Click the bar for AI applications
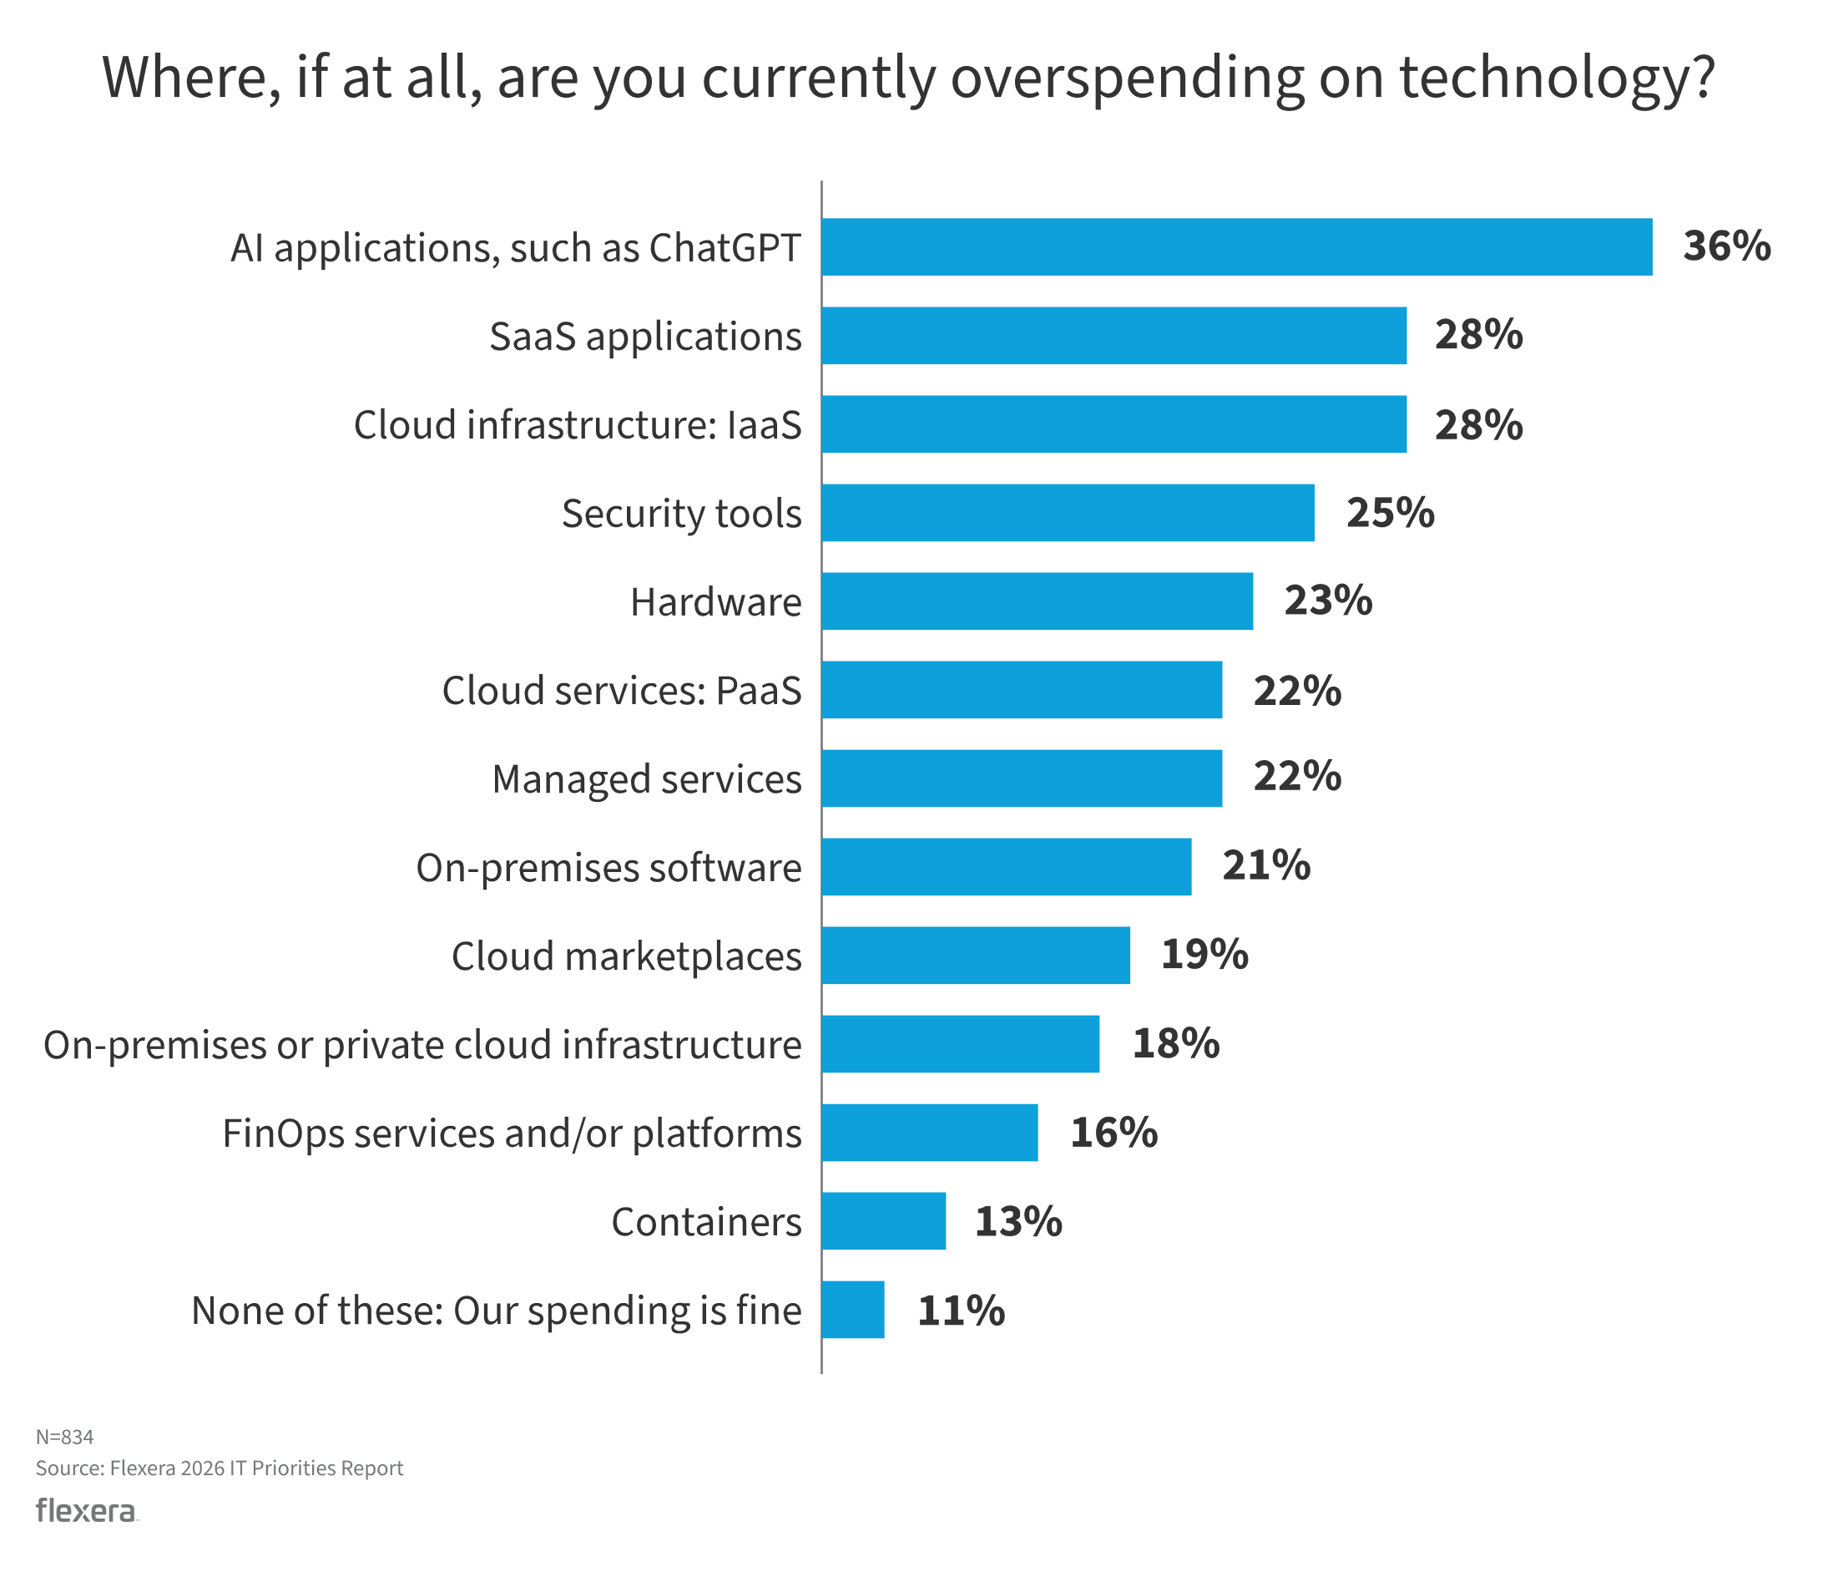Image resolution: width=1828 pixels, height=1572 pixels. (1235, 247)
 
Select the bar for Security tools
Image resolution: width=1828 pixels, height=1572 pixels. (1068, 513)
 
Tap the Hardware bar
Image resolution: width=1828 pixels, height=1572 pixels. (1037, 601)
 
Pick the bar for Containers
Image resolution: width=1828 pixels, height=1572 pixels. (883, 1220)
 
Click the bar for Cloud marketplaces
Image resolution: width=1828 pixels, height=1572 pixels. (975, 955)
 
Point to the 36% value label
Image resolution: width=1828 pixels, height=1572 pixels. (1725, 246)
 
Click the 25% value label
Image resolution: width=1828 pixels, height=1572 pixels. (1390, 513)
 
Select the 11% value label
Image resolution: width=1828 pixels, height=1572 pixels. (960, 1311)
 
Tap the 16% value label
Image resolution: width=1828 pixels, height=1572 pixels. (1113, 1133)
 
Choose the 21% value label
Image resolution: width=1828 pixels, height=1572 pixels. (1265, 866)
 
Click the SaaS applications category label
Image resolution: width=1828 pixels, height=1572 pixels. (645, 337)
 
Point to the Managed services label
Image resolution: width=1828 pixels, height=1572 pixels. (647, 779)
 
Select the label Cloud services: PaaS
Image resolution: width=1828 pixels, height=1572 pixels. (622, 690)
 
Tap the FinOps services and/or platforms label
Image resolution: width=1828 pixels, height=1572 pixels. (512, 1133)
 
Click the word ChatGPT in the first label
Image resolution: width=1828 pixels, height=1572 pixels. (725, 248)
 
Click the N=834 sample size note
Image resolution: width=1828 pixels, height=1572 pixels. (64, 1437)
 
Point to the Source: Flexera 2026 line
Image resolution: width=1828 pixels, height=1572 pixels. (219, 1468)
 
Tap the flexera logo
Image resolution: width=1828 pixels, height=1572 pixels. (87, 1511)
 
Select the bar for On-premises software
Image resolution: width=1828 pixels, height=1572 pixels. (1006, 867)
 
